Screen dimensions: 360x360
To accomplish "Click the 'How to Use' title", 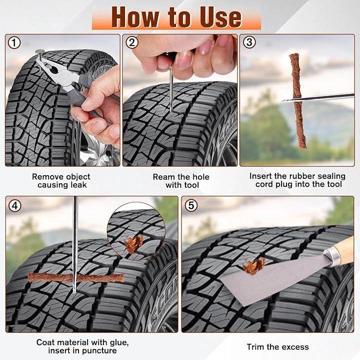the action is pyautogui.click(x=176, y=17).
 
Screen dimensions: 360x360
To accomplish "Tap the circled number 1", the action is pyautogui.click(x=14, y=42).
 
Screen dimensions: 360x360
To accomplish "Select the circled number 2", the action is pyautogui.click(x=132, y=42).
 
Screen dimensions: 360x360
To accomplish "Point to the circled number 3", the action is pyautogui.click(x=249, y=42).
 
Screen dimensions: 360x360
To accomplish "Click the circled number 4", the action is pyautogui.click(x=14, y=205).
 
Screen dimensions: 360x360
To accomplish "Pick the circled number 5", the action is pyautogui.click(x=191, y=205).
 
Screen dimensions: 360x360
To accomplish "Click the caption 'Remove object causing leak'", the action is pyautogui.click(x=61, y=180).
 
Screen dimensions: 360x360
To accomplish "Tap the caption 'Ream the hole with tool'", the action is pyautogui.click(x=181, y=181).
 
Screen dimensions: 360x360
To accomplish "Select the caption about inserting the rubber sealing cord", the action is pyautogui.click(x=297, y=180).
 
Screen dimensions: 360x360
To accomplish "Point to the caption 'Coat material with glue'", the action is pyautogui.click(x=82, y=346).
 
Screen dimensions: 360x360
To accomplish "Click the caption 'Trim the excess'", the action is pyautogui.click(x=278, y=346).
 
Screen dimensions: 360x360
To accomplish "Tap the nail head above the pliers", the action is pyautogui.click(x=39, y=51).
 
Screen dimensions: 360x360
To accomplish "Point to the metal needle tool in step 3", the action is pyautogui.click(x=318, y=97).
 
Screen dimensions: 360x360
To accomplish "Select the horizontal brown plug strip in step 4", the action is pyautogui.click(x=76, y=277).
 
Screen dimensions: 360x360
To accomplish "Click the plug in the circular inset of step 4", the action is pyautogui.click(x=133, y=243).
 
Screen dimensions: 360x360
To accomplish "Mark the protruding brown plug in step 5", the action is pyautogui.click(x=254, y=266).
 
